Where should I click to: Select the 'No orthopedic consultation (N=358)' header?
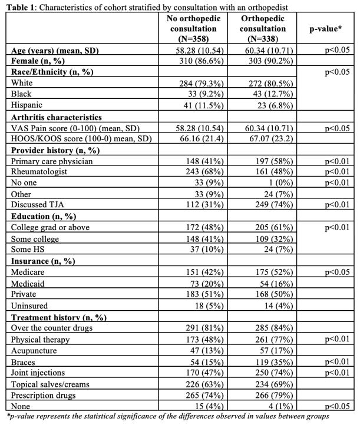pos(192,28)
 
